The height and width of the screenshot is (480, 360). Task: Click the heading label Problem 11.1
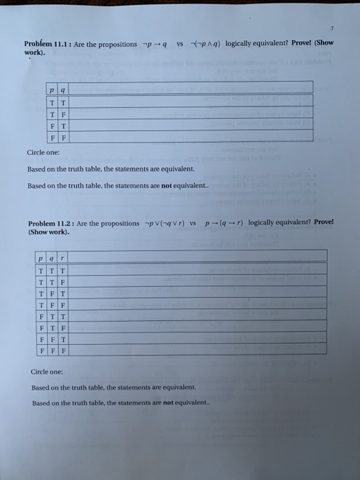(x=46, y=45)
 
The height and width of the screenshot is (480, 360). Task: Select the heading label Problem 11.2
(x=51, y=224)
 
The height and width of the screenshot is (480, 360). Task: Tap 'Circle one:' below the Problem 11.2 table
(x=47, y=372)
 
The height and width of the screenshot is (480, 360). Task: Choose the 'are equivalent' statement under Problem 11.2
(x=113, y=387)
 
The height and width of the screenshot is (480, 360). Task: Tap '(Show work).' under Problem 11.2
(x=49, y=232)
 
